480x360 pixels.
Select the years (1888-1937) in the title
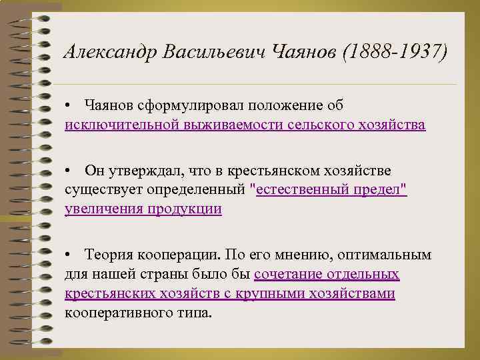pyautogui.click(x=393, y=51)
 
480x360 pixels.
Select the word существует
pyautogui.click(x=97, y=190)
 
